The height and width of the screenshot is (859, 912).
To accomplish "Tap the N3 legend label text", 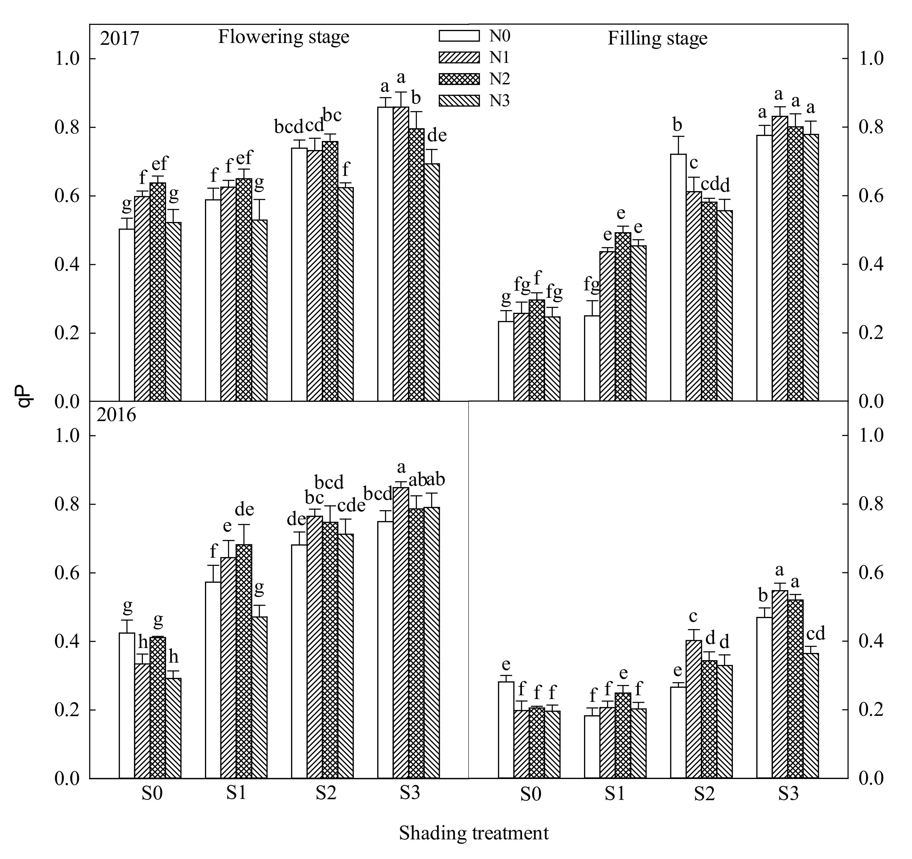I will (499, 101).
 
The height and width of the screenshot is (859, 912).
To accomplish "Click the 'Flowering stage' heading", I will (283, 37).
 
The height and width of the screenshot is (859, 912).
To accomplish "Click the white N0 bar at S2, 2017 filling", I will (678, 277).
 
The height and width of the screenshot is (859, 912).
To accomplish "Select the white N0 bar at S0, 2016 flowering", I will (127, 706).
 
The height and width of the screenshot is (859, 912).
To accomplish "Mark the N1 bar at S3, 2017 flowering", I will (401, 254).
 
